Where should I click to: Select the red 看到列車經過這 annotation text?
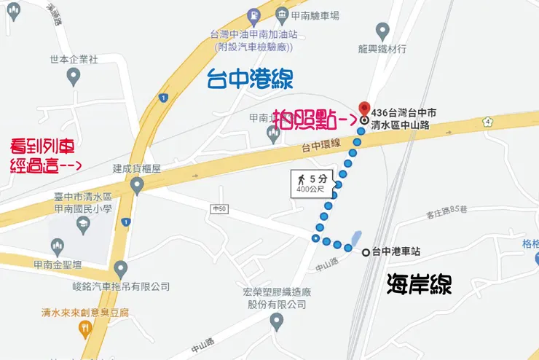(x=45, y=154)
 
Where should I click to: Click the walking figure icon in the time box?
(x=299, y=179)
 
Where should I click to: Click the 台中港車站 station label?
(x=396, y=252)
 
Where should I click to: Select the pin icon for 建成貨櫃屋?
(x=136, y=186)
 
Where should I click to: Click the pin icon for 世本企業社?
(x=73, y=75)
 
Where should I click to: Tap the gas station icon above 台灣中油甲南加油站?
(x=252, y=15)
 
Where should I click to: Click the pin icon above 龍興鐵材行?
(x=382, y=31)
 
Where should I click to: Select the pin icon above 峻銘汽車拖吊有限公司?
(x=120, y=268)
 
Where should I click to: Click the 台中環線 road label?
(x=321, y=146)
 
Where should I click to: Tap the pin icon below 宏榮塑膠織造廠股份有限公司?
(x=276, y=321)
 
